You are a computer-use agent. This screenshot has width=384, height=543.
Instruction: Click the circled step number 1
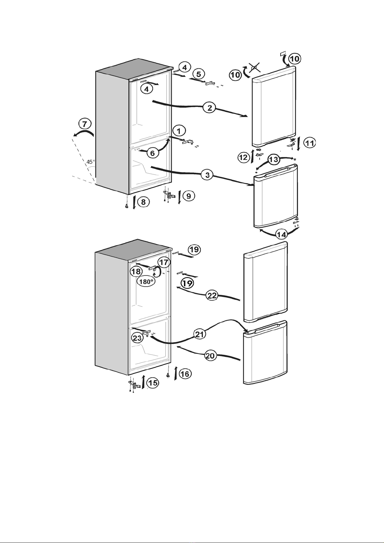179,131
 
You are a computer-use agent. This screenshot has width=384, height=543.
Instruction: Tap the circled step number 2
210,108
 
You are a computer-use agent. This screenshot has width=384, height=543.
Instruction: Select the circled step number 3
207,175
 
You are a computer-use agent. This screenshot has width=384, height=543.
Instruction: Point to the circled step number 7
85,124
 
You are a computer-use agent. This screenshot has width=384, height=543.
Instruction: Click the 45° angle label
91,161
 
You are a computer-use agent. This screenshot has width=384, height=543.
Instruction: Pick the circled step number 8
143,201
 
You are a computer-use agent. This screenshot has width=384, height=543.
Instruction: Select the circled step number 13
274,160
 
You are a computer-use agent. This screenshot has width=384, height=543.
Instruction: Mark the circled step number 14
282,234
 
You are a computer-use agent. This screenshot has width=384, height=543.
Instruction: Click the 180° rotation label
146,281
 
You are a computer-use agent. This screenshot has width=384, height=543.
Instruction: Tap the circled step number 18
136,271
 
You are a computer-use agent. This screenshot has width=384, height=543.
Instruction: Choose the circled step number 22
212,296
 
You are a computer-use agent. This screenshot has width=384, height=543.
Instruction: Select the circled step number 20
210,356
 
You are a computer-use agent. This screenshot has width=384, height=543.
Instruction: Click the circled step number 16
185,374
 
